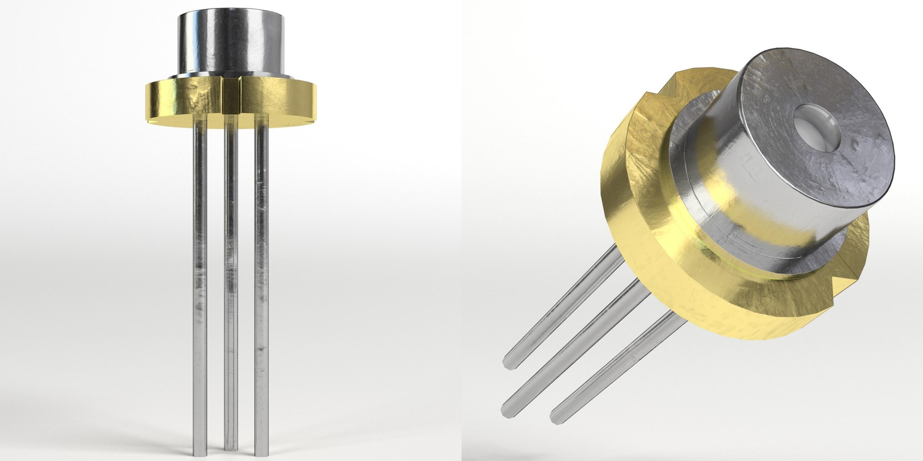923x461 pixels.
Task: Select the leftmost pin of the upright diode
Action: click(x=200, y=288)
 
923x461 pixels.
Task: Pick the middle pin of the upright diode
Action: click(x=231, y=288)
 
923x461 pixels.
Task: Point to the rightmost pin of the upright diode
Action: click(x=262, y=288)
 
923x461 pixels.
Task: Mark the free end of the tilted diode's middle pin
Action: click(x=508, y=411)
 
